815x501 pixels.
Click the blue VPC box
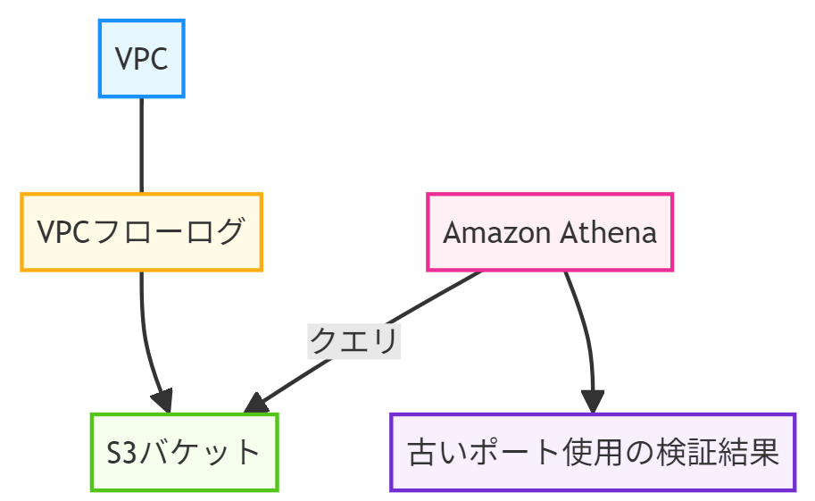coord(141,58)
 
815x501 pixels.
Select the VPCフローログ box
coord(141,231)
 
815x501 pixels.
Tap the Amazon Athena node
coord(550,232)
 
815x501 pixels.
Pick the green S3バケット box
coord(184,452)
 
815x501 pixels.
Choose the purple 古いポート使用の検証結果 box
coord(592,452)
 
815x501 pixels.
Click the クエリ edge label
coord(353,340)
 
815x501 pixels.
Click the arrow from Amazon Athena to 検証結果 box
coord(586,330)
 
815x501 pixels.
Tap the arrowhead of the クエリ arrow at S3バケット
coord(255,405)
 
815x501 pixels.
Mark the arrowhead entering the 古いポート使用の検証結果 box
coord(593,403)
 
